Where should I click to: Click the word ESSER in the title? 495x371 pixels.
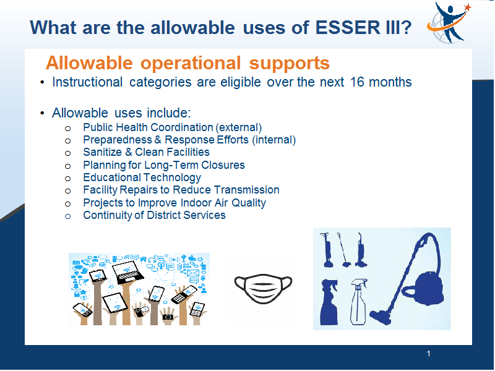click(348, 27)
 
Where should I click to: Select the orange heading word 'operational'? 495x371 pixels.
click(191, 63)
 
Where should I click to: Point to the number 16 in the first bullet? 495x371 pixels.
click(357, 82)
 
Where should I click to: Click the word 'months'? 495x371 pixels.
click(390, 82)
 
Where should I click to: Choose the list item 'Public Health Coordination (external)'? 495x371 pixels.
click(173, 127)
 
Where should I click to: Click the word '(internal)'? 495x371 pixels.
click(273, 140)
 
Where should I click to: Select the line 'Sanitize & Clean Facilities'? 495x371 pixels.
click(146, 152)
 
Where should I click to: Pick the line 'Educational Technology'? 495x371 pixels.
click(142, 177)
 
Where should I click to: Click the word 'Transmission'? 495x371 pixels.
click(246, 190)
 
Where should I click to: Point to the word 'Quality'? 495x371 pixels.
click(249, 203)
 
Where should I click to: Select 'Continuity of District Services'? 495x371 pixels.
click(154, 215)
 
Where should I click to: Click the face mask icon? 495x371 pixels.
click(263, 288)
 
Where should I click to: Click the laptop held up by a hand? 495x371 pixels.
click(127, 272)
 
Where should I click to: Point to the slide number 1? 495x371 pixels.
click(428, 354)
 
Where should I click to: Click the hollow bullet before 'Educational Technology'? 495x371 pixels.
click(67, 179)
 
